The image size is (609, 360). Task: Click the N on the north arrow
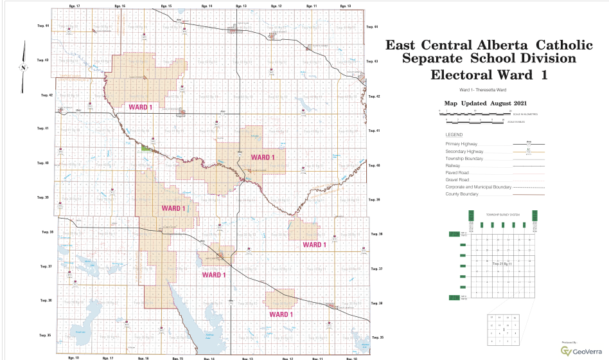point(22,67)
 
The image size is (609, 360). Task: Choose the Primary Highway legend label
point(461,144)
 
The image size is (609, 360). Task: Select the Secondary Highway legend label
point(464,151)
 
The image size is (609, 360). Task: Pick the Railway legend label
point(453,165)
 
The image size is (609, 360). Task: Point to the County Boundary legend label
point(460,194)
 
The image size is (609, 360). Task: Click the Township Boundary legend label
point(463,158)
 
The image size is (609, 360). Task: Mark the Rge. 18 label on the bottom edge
point(73,356)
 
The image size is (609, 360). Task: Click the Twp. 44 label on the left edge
point(43,26)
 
